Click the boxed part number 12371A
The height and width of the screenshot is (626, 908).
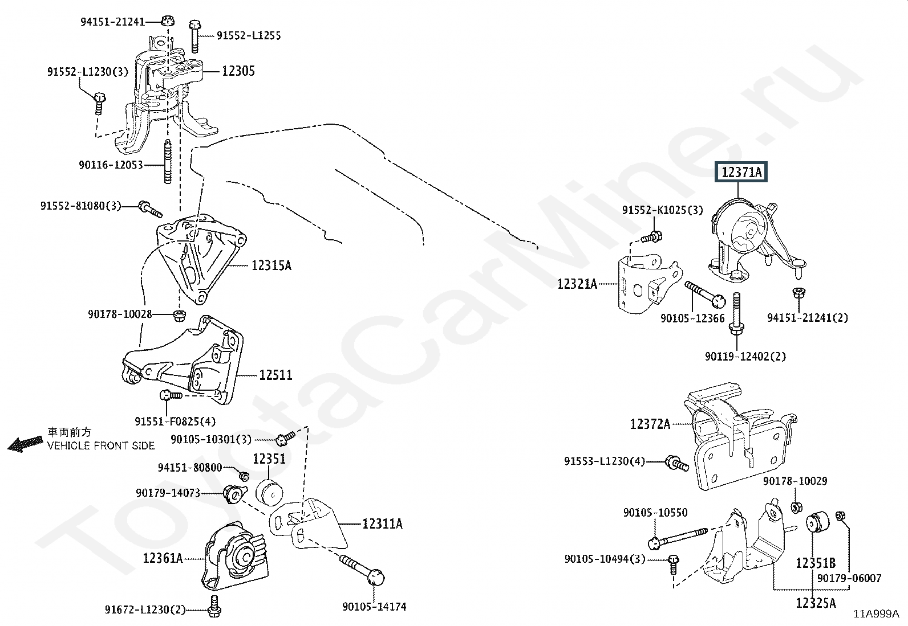click(x=741, y=172)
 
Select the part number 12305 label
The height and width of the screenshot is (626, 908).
click(x=238, y=71)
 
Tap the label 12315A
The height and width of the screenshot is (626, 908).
click(x=271, y=265)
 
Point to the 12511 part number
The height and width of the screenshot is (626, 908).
click(x=275, y=375)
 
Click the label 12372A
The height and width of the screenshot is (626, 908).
click(x=650, y=424)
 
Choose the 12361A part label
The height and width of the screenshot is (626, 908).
click(x=163, y=558)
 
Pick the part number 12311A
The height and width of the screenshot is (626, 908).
click(x=382, y=523)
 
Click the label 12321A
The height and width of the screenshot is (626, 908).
click(x=577, y=284)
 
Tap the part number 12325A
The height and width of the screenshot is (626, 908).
click(x=816, y=603)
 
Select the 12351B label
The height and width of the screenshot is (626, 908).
click(x=816, y=563)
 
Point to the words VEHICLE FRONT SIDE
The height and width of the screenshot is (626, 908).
click(x=101, y=445)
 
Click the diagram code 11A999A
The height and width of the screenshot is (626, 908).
click(x=876, y=614)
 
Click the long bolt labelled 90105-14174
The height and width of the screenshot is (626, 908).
click(x=365, y=570)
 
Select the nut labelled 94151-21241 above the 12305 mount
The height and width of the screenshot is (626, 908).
click(x=167, y=21)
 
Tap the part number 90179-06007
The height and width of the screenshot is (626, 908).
click(x=849, y=578)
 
